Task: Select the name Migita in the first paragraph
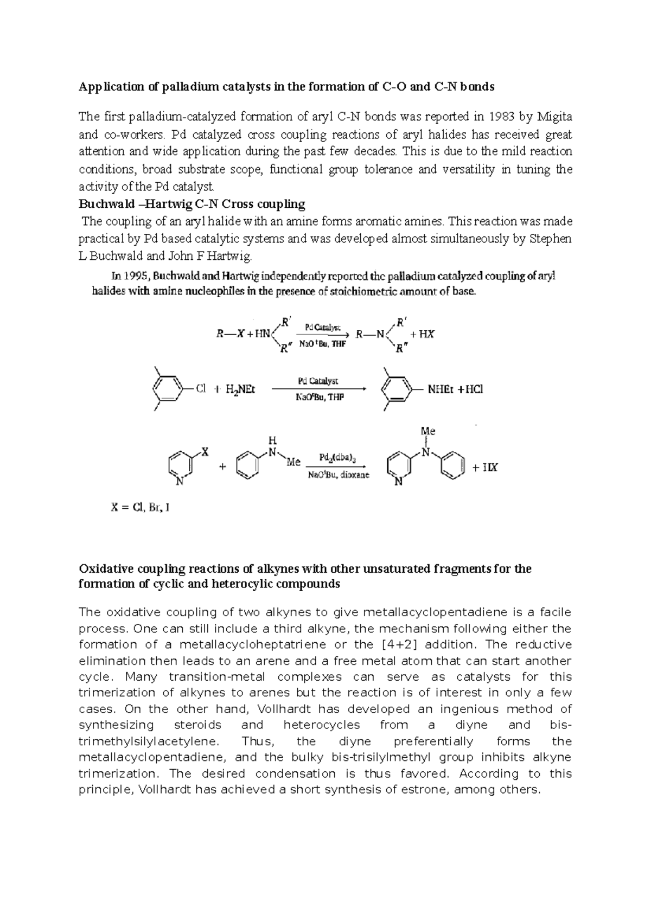(x=553, y=117)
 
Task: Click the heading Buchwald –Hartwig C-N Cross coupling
(x=192, y=204)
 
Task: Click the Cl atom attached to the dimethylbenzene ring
(x=201, y=389)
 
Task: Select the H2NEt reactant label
(x=240, y=389)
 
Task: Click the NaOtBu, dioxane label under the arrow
(x=339, y=475)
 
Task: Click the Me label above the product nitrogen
(x=428, y=431)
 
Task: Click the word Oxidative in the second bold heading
(x=105, y=569)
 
